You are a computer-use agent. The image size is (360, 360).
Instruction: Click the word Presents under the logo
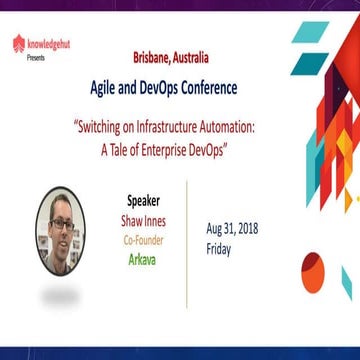[x=33, y=56]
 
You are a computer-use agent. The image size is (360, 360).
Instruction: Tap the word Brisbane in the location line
[x=153, y=59]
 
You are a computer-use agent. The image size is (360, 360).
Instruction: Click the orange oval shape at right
[x=309, y=267]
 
